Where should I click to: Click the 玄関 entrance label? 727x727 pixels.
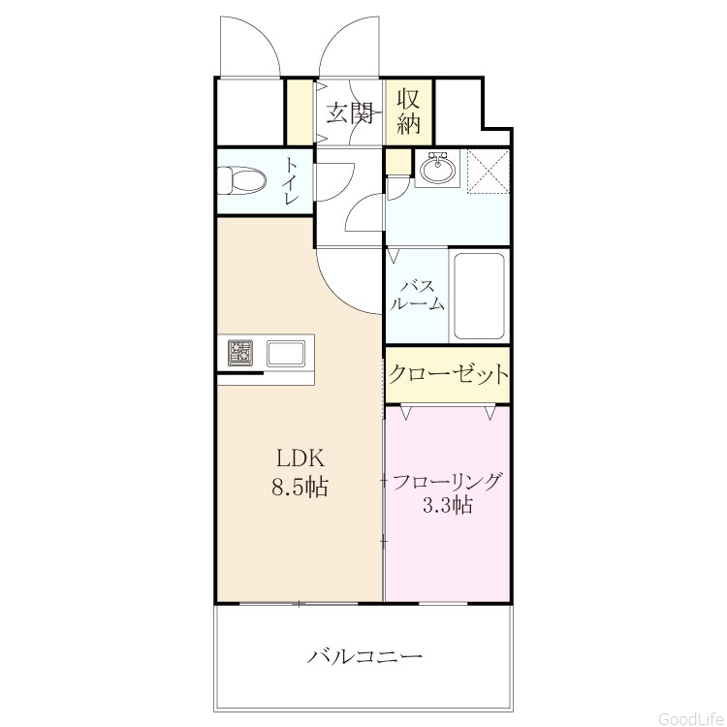click(x=351, y=113)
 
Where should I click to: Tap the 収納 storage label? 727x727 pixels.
click(x=409, y=111)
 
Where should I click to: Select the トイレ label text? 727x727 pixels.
click(x=292, y=181)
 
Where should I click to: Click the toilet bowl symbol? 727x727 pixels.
click(x=241, y=180)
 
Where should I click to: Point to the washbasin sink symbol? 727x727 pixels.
click(x=437, y=168)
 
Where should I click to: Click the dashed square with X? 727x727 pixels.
click(x=489, y=171)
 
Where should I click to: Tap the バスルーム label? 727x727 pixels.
click(x=418, y=295)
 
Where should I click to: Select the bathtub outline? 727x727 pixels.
click(x=480, y=296)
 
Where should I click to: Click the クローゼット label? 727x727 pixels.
click(x=449, y=374)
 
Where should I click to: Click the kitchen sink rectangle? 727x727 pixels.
click(x=286, y=353)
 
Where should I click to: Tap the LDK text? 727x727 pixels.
click(x=300, y=458)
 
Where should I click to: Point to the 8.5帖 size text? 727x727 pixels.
click(x=300, y=488)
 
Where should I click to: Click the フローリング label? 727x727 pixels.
click(x=448, y=481)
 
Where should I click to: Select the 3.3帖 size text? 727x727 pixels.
click(x=448, y=504)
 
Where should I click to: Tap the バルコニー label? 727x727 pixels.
click(x=364, y=656)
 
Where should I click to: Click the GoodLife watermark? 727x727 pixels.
click(x=691, y=718)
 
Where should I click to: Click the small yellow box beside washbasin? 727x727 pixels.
click(x=399, y=162)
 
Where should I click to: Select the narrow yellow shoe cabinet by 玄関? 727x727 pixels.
click(x=300, y=111)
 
